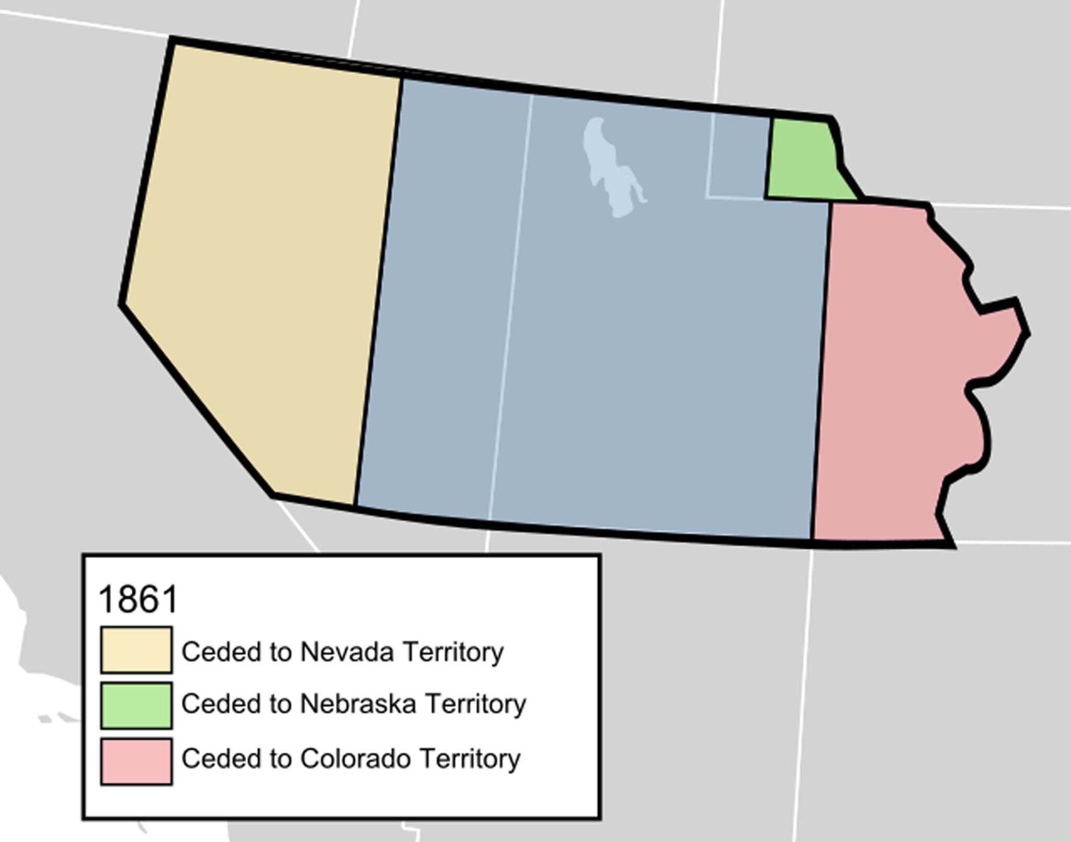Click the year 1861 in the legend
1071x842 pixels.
(x=139, y=599)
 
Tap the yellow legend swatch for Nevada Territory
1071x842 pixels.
(x=136, y=650)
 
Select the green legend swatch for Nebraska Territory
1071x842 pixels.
(x=136, y=705)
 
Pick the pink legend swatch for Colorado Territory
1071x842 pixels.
(x=136, y=761)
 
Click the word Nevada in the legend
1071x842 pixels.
(x=346, y=652)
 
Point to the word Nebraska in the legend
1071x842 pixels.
(x=358, y=703)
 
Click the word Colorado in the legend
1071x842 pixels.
(x=355, y=759)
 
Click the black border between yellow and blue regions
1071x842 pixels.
(x=379, y=288)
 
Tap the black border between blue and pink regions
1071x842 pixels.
(x=822, y=366)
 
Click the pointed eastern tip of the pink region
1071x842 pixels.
(x=1026, y=332)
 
